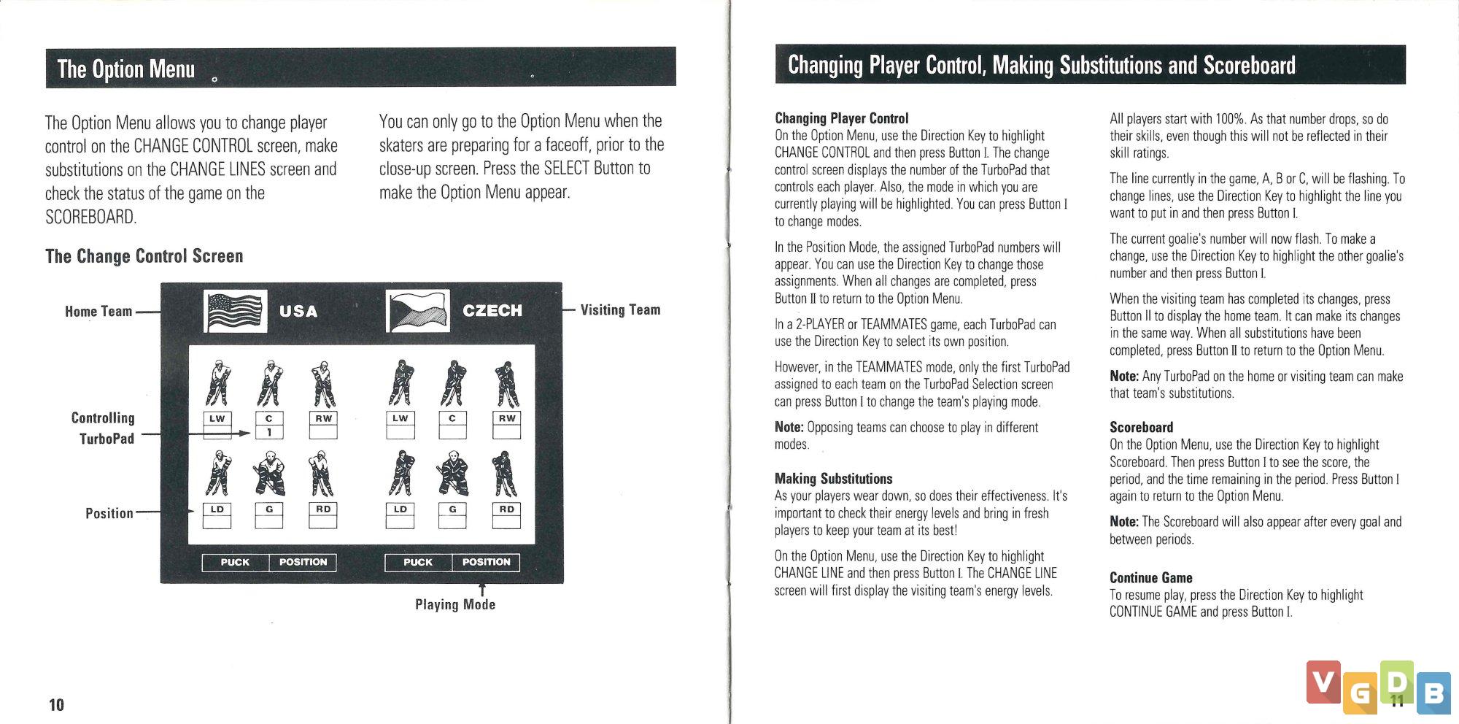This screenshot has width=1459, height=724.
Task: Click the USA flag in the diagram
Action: click(x=234, y=311)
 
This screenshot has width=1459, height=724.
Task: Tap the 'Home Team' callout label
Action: click(x=98, y=312)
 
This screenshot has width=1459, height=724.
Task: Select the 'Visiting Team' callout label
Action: click(x=620, y=310)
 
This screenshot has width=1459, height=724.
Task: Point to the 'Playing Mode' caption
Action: click(x=455, y=604)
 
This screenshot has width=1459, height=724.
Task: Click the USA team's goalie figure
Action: click(x=269, y=474)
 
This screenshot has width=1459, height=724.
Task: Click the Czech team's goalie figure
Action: click(x=452, y=474)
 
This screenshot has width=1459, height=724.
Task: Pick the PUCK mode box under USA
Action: click(x=235, y=562)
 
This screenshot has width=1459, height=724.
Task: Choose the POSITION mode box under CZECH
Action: click(x=486, y=562)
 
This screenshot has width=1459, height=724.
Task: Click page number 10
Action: click(x=56, y=704)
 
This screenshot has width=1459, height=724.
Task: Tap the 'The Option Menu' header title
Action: click(x=126, y=69)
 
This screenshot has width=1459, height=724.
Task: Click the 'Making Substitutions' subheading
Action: click(x=833, y=479)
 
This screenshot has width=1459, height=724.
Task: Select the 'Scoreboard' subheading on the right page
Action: click(x=1141, y=428)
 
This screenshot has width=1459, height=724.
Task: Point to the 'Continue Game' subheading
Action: click(x=1150, y=578)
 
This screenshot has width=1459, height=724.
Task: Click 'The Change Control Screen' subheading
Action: click(x=144, y=256)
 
